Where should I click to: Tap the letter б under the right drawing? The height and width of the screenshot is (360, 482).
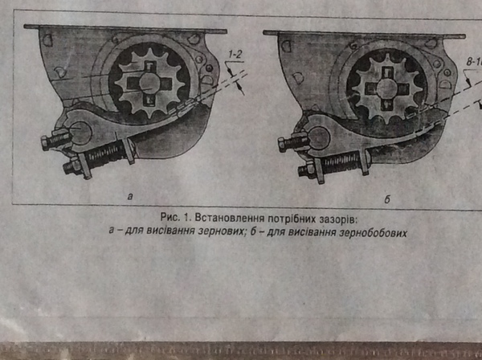click(x=386, y=198)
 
